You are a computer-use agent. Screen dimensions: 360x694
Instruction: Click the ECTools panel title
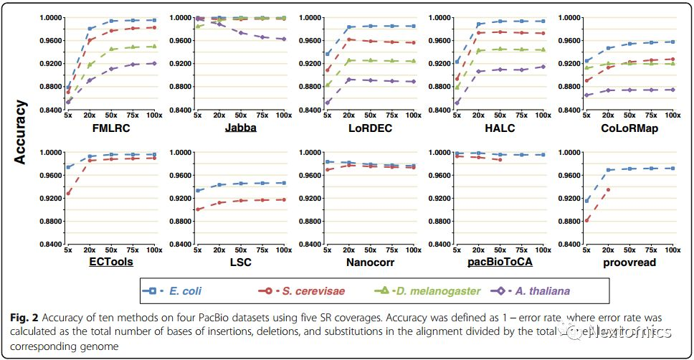click(x=110, y=262)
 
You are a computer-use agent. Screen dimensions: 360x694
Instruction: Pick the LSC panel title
click(x=241, y=262)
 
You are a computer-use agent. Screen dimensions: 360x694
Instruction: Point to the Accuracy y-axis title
click(x=22, y=132)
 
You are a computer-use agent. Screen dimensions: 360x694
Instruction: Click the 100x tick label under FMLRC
click(x=154, y=115)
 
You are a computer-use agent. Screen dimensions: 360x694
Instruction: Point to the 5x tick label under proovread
click(x=586, y=250)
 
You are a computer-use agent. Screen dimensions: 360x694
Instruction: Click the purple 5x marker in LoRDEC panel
click(x=327, y=103)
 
